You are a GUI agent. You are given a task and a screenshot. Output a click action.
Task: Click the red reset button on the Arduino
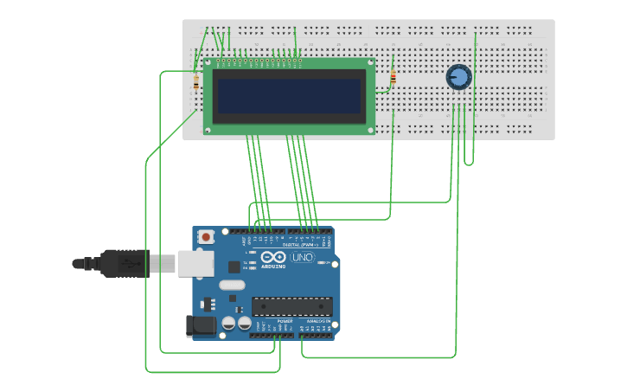(x=207, y=236)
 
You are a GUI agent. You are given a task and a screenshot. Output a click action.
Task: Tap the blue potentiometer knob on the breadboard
(x=458, y=78)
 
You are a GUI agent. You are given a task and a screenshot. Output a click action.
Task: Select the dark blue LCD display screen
(x=289, y=96)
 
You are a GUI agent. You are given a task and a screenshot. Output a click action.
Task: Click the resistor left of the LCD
(x=196, y=82)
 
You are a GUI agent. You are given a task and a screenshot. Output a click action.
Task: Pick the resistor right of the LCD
(x=393, y=79)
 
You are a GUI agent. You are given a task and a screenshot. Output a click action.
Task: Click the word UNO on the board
(x=302, y=258)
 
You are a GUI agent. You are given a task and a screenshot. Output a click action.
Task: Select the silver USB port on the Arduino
(x=195, y=263)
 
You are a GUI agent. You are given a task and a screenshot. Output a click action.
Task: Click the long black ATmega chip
(x=291, y=306)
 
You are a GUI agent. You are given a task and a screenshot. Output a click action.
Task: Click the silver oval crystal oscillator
(x=232, y=285)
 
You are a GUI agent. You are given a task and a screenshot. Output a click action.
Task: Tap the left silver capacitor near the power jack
(x=229, y=323)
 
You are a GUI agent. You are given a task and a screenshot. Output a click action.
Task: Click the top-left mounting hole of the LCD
(x=208, y=63)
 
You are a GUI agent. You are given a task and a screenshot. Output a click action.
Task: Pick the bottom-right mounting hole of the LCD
(x=370, y=130)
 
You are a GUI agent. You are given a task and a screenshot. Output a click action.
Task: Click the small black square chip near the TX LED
(x=233, y=299)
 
